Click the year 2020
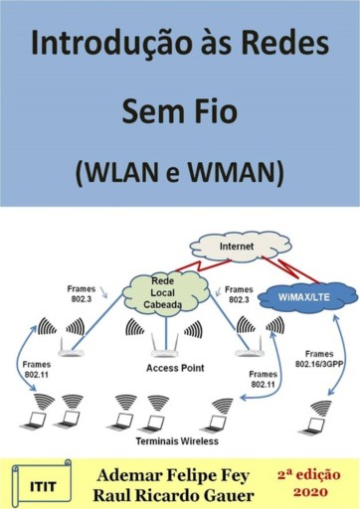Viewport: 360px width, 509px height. click(307, 491)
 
